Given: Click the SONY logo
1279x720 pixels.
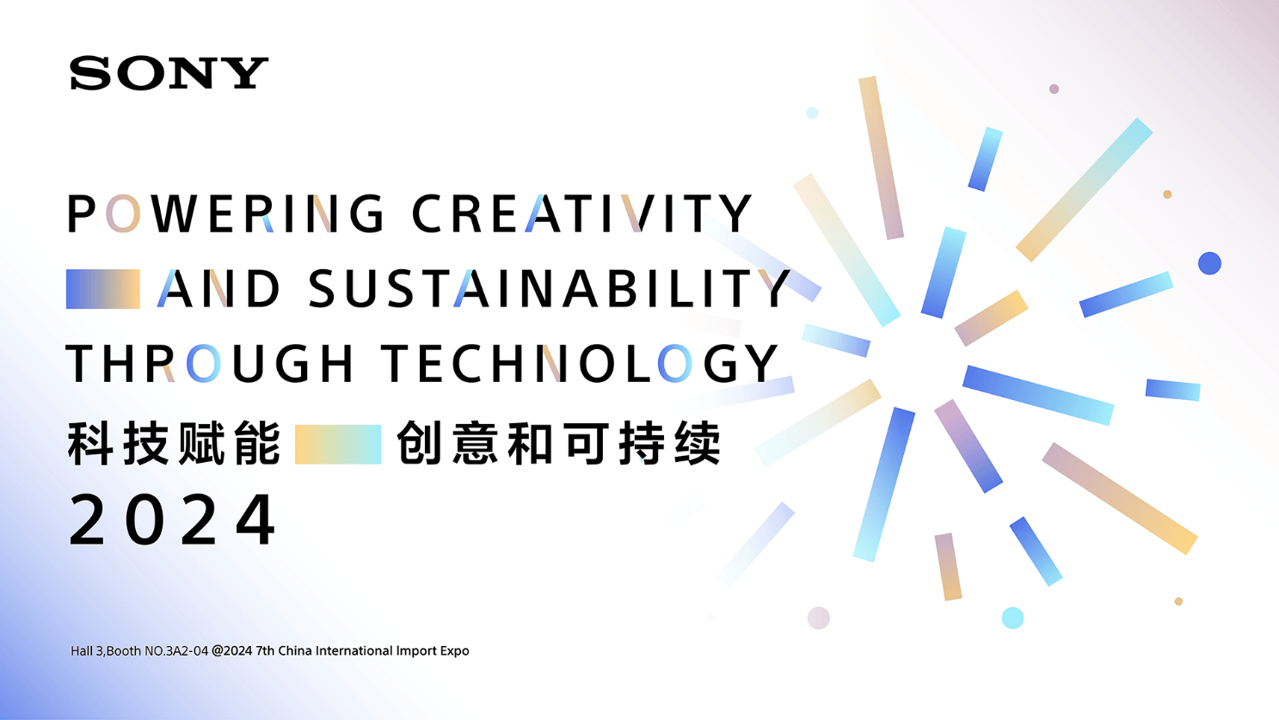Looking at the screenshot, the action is [x=169, y=73].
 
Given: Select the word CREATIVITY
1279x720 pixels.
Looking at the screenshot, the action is [x=581, y=213].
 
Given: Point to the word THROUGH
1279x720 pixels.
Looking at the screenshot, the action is [x=210, y=363].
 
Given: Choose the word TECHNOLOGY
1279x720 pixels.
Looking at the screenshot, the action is [x=580, y=363].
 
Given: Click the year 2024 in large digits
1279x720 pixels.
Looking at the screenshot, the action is [x=172, y=520].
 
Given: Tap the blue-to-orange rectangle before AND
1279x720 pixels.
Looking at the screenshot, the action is [x=102, y=289].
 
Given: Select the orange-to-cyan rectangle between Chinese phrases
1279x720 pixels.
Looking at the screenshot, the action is [x=338, y=444].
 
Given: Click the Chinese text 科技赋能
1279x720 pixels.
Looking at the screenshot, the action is [x=174, y=444].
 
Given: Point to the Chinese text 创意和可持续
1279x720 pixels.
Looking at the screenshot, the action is [x=558, y=444].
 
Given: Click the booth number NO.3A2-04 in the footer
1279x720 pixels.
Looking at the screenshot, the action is [x=176, y=651].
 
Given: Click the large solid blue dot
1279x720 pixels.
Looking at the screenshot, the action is [x=1209, y=263].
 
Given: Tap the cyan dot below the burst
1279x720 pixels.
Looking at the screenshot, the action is [x=1013, y=618].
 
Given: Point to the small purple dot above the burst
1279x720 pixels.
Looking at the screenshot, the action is [x=1054, y=89].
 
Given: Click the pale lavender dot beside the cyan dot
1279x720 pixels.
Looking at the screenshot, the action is [x=818, y=618].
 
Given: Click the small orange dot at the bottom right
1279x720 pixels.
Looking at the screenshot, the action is [x=1178, y=601].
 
